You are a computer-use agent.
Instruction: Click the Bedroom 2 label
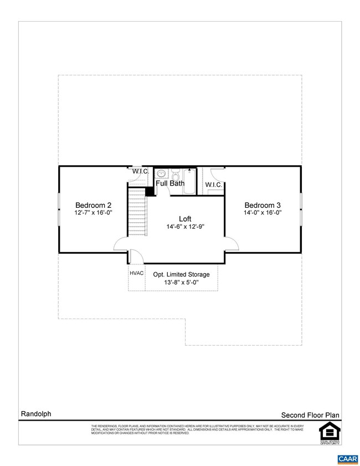[x=94, y=204]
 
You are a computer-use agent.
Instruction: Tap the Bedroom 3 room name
[x=263, y=204]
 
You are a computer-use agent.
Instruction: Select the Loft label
[x=184, y=218]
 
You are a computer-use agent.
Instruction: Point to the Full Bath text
[x=170, y=183]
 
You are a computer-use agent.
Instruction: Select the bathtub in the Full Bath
[x=189, y=181]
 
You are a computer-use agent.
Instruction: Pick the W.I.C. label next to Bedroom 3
[x=213, y=185]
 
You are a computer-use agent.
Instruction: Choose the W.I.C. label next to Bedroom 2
[x=140, y=171]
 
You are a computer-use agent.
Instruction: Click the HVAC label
[x=137, y=273]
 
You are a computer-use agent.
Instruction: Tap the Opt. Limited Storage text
[x=181, y=274]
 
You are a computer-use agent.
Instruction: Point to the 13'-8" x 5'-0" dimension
[x=181, y=283]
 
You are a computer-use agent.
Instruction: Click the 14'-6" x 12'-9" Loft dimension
[x=184, y=227]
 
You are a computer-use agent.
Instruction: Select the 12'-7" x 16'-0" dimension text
[x=94, y=212]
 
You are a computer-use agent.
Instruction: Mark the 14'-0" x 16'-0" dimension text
[x=263, y=212]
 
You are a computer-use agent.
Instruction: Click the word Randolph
[x=36, y=413]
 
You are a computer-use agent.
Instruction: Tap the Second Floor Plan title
[x=310, y=414]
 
